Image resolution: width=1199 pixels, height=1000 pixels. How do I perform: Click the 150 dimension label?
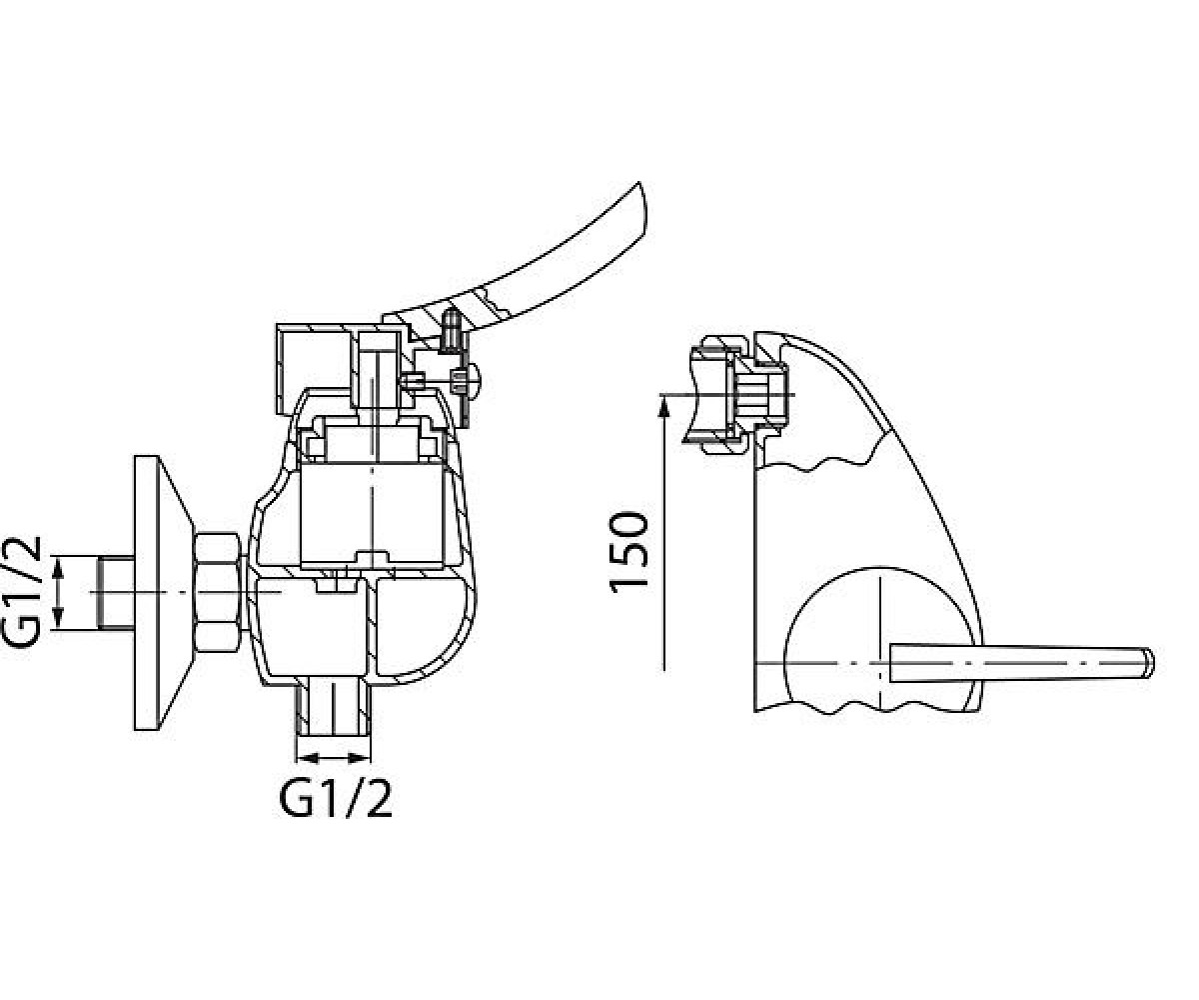coord(628,552)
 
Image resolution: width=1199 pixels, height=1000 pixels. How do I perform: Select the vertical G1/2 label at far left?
coord(21,593)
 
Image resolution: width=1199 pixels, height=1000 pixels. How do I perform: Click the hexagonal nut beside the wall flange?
coord(218,593)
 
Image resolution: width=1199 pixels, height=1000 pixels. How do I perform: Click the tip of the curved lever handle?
coord(639,183)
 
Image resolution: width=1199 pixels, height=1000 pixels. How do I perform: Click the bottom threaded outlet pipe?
coord(333,711)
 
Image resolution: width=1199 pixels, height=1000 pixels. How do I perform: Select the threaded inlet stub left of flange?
coord(117,593)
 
